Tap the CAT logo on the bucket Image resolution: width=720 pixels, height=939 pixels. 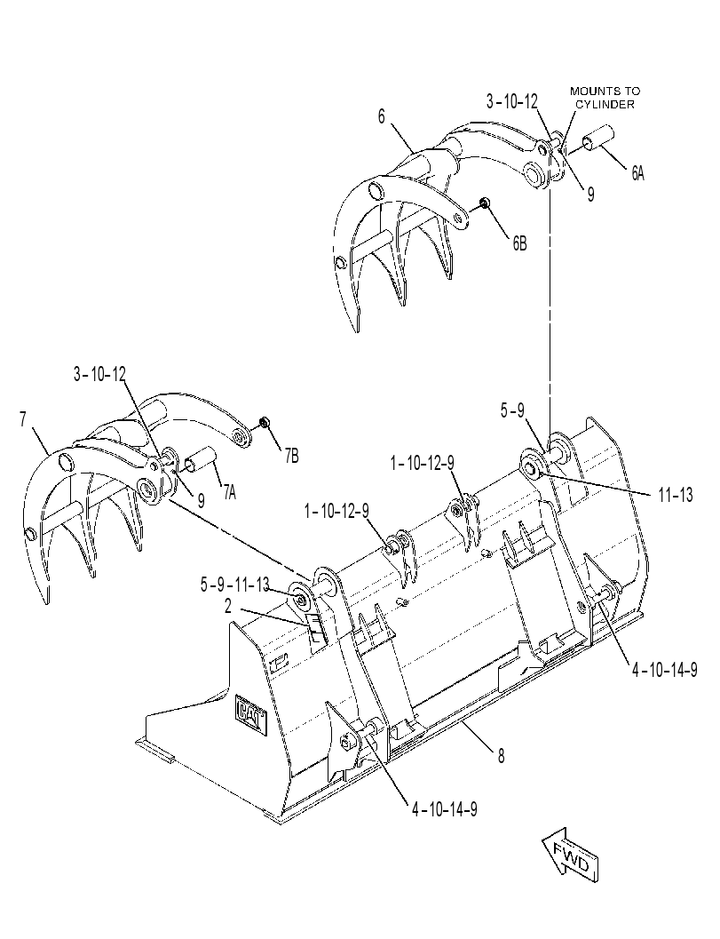coord(251,713)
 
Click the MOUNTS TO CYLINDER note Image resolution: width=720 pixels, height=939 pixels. coord(605,98)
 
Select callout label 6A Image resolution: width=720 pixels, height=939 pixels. coord(637,173)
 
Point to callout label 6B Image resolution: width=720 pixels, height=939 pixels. coord(518,243)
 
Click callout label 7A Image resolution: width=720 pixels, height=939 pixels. coord(229,492)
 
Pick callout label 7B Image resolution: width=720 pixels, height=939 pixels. coord(291,457)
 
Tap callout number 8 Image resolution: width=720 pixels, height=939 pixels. coord(501,756)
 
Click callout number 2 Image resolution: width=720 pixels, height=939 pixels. coord(228,607)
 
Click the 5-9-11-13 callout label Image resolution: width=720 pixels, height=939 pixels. coord(234,584)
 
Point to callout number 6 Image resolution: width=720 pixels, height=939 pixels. coord(381,116)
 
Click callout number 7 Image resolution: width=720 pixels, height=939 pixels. coord(23,420)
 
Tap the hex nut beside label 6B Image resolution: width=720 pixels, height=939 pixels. coord(486,205)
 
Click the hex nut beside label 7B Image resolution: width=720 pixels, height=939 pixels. coord(264,424)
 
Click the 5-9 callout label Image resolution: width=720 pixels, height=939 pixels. coord(512,410)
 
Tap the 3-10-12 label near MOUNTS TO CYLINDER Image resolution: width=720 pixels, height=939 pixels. coord(512,102)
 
